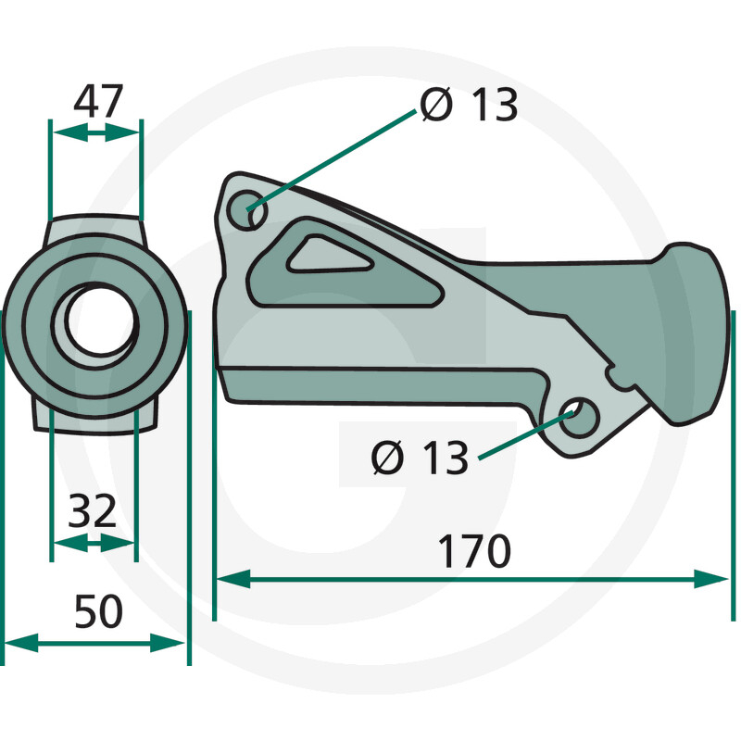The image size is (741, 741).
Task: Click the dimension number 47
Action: (98, 101)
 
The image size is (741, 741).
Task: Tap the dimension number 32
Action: (92, 511)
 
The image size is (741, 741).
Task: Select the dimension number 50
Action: (99, 611)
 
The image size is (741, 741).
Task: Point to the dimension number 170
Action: (474, 551)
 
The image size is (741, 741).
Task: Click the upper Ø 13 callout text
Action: (469, 105)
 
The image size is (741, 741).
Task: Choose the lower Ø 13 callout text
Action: (420, 457)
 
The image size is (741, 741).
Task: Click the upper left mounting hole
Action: (247, 210)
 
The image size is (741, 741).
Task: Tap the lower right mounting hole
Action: (579, 417)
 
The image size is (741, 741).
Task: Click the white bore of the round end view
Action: (101, 319)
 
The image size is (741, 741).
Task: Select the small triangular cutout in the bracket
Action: (326, 257)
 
